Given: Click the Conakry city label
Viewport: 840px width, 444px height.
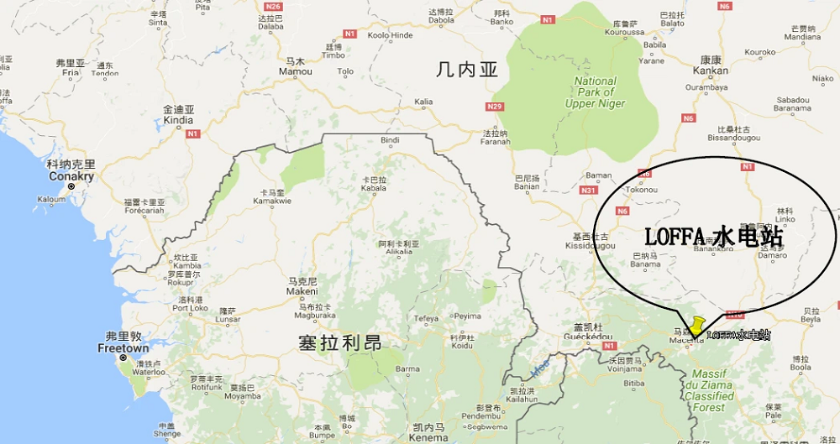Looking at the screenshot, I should pos(71,177).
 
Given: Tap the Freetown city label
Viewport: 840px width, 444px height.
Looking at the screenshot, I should pos(123,347).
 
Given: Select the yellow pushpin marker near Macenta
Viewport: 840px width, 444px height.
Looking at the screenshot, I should pos(697,325).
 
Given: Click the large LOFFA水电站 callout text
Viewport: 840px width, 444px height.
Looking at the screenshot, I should pos(714,237).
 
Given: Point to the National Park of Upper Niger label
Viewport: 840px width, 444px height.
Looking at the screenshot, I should pos(595,92).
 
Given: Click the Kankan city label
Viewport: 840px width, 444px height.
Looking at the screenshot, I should pos(711,71).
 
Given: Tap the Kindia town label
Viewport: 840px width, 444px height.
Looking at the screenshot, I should pos(178,120).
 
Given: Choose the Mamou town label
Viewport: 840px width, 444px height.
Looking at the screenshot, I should pos(296,71).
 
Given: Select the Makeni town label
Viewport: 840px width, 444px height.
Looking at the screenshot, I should pos(302,291).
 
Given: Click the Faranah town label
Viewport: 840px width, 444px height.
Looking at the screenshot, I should pos(496,141).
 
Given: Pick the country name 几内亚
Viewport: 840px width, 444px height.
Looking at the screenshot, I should pos(467,71).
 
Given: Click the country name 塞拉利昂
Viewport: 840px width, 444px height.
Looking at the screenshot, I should pos(339,343).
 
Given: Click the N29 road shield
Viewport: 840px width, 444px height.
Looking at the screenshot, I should pos(495,107).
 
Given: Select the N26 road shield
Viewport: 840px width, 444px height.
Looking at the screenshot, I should pos(272,7).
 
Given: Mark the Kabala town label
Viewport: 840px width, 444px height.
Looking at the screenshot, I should pos(374,188).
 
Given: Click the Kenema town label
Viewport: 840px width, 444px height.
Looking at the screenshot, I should pos(429,437).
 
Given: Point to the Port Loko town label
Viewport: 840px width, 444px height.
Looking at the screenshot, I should pos(190,307).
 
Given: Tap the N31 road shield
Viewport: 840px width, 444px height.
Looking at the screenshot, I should pos(588,191).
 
